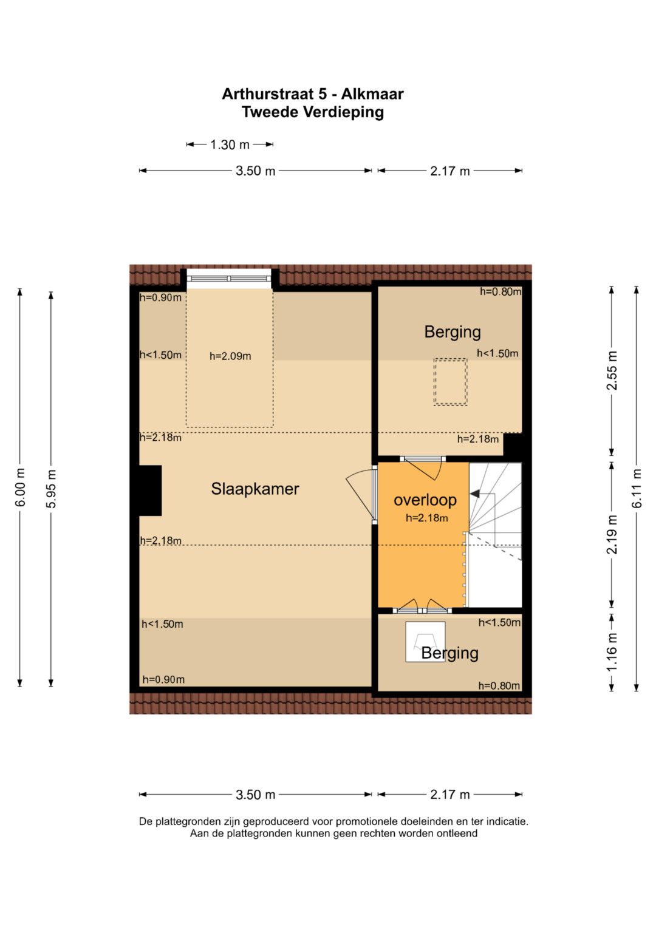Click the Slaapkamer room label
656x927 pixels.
[x=255, y=489]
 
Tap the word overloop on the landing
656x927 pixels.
[x=425, y=500]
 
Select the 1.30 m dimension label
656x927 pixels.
[x=230, y=145]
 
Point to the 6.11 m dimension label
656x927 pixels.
[x=637, y=488]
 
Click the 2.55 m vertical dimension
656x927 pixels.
[x=612, y=370]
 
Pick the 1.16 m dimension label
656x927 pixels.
[x=612, y=652]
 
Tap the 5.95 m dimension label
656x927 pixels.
[x=51, y=488]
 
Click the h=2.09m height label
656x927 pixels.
[x=230, y=356]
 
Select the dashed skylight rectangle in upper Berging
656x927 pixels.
[x=450, y=382]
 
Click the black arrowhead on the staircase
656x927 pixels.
[x=474, y=494]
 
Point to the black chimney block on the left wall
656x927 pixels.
[x=150, y=491]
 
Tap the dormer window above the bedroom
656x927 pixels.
[x=229, y=279]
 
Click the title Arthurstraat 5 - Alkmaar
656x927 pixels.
[x=313, y=94]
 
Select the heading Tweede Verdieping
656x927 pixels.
[x=313, y=112]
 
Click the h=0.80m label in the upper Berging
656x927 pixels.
[x=501, y=292]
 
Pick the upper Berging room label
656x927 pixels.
[x=453, y=332]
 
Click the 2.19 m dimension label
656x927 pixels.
[x=612, y=534]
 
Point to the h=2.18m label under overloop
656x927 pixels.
[x=426, y=518]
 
